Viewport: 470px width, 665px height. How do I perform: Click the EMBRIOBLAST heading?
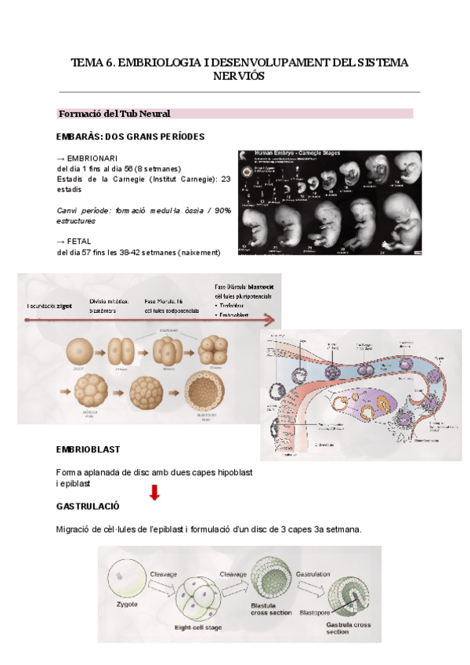click(x=88, y=449)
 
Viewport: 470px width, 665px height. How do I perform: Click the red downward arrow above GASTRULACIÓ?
click(x=155, y=492)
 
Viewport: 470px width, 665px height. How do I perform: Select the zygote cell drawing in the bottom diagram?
click(x=125, y=579)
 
